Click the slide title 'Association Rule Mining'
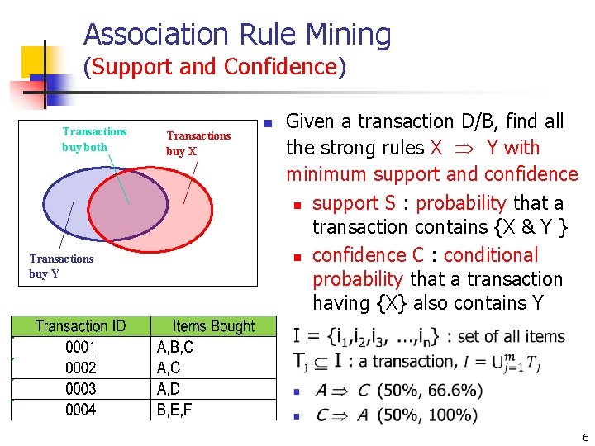(x=237, y=35)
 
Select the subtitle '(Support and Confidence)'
(x=215, y=67)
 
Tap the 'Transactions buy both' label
(x=94, y=139)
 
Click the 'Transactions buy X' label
(x=198, y=143)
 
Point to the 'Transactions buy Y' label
(x=61, y=266)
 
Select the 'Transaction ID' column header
(x=80, y=326)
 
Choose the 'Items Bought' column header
(x=213, y=326)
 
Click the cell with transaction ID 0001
(x=80, y=348)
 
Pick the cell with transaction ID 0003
(x=80, y=389)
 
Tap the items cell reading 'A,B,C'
(x=175, y=348)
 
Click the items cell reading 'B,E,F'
(x=174, y=410)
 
